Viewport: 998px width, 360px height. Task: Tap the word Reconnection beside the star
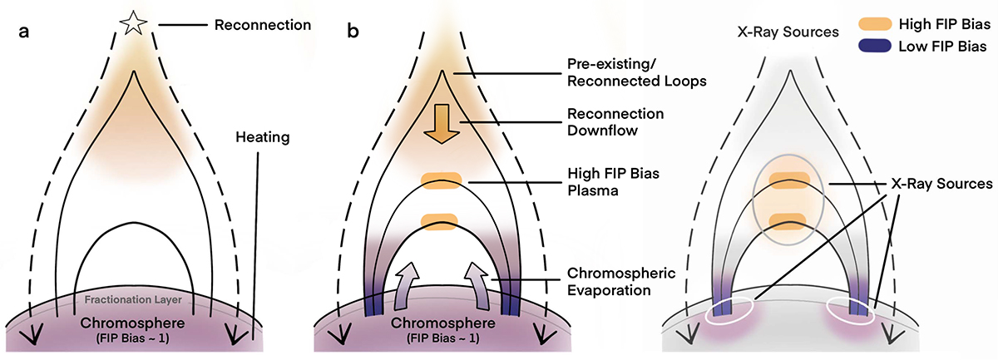(x=263, y=25)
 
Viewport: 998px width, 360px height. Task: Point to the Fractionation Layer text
(x=134, y=299)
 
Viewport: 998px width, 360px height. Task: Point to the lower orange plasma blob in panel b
(x=441, y=220)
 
